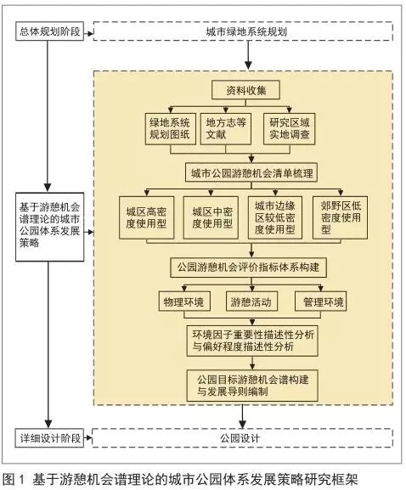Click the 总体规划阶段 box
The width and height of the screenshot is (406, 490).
point(50,31)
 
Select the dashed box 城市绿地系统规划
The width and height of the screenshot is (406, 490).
point(243,31)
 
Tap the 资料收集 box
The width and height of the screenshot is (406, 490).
point(245,90)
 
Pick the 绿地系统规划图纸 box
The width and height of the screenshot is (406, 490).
point(171,129)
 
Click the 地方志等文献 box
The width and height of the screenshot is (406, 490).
point(226,129)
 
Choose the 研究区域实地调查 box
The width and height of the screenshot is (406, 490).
point(289,129)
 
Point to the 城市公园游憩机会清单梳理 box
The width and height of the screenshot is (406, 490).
point(251,172)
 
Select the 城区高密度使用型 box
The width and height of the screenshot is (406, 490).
point(147,217)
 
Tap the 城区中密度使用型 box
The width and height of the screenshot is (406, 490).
point(211,217)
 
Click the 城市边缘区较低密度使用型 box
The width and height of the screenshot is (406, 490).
point(275,217)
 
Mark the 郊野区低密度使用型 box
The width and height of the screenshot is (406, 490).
point(340,217)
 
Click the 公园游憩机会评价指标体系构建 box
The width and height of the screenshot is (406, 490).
point(249,268)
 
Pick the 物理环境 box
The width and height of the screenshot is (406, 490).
point(184,301)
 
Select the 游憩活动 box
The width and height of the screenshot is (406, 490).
point(251,301)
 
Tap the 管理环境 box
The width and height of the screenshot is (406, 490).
point(321,301)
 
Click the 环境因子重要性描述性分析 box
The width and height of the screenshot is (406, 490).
point(252,341)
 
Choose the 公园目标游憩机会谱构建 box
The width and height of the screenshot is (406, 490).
point(252,386)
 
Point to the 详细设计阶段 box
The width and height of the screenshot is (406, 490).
point(50,438)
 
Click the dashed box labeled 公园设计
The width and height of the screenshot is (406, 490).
point(243,438)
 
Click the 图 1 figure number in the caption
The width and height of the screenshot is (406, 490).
point(14,479)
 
